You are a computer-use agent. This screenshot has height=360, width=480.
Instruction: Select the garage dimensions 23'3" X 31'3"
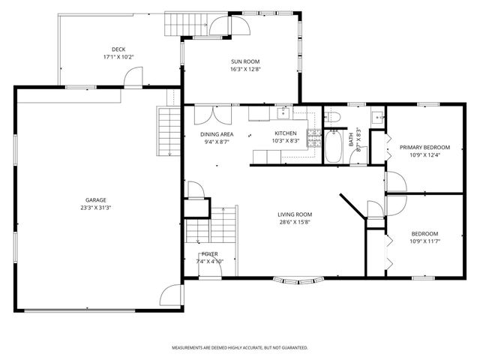[x=95, y=208]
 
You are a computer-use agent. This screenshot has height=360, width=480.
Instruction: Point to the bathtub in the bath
[x=334, y=146]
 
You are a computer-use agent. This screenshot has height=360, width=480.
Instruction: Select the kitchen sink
[x=283, y=113]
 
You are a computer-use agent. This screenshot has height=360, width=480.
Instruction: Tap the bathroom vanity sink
[x=378, y=117]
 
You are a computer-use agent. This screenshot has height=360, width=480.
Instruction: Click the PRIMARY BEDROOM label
[x=424, y=147]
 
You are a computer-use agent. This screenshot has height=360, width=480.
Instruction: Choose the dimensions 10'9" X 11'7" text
[x=424, y=241]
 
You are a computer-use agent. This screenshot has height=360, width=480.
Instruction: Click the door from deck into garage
[x=133, y=77]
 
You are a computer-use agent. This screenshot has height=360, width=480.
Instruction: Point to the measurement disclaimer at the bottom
[x=240, y=348]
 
